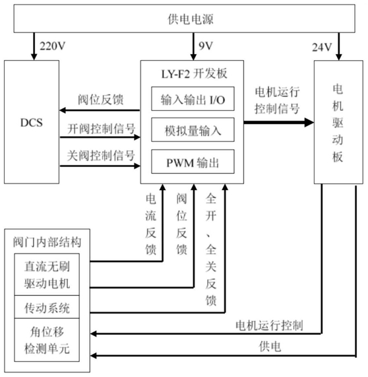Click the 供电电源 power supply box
[184, 18]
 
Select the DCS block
[32, 122]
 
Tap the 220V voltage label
[52, 46]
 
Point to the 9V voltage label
[206, 46]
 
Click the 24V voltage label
[322, 47]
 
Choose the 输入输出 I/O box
[193, 99]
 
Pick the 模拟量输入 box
[193, 130]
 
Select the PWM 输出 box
[193, 162]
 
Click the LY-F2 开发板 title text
[194, 73]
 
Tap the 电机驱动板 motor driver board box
[338, 122]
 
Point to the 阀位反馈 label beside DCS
[101, 100]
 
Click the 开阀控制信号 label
[101, 129]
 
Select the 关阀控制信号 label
[101, 156]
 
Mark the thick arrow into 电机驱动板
[279, 122]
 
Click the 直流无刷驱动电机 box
[47, 275]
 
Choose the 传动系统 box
[47, 307]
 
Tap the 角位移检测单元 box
[47, 340]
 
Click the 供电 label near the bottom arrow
[270, 347]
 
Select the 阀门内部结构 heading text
[47, 242]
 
